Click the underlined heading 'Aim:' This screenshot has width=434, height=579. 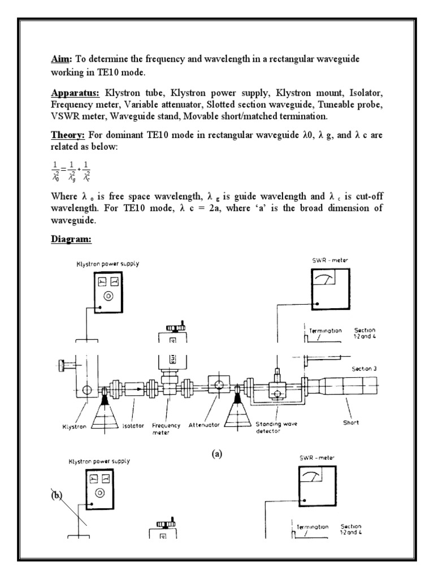click(57, 59)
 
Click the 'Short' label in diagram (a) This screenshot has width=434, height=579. click(350, 422)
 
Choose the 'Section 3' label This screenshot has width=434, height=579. click(364, 369)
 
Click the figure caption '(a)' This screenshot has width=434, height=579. click(216, 453)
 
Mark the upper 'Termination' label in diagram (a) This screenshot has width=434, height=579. click(325, 331)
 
